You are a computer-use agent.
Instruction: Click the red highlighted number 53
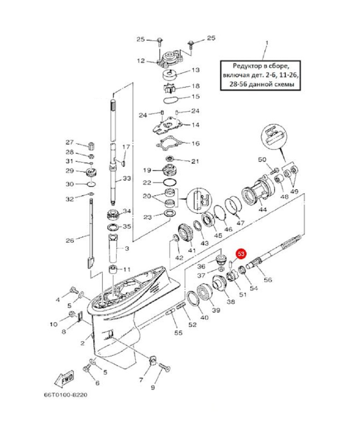241,254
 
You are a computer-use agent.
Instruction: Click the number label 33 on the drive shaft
127,179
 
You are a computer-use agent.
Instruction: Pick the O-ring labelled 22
170,182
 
